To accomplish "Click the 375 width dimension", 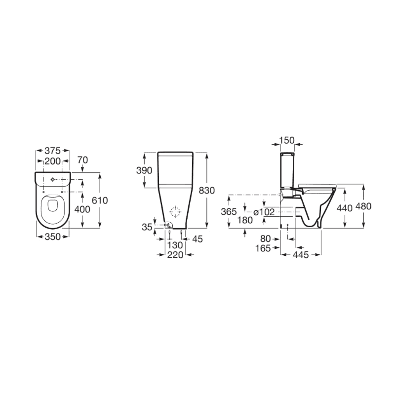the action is click(x=52, y=151).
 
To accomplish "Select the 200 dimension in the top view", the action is click(x=52, y=161).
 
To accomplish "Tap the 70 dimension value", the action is click(x=82, y=160).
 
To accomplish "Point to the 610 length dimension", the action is click(x=100, y=200).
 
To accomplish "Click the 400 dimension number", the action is click(x=82, y=209).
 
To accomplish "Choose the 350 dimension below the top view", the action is click(x=52, y=237).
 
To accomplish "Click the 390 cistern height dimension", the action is click(x=144, y=170).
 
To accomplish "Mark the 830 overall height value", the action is click(x=207, y=191).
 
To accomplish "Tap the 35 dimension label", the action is click(x=147, y=227).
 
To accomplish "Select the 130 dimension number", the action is click(x=175, y=245).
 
